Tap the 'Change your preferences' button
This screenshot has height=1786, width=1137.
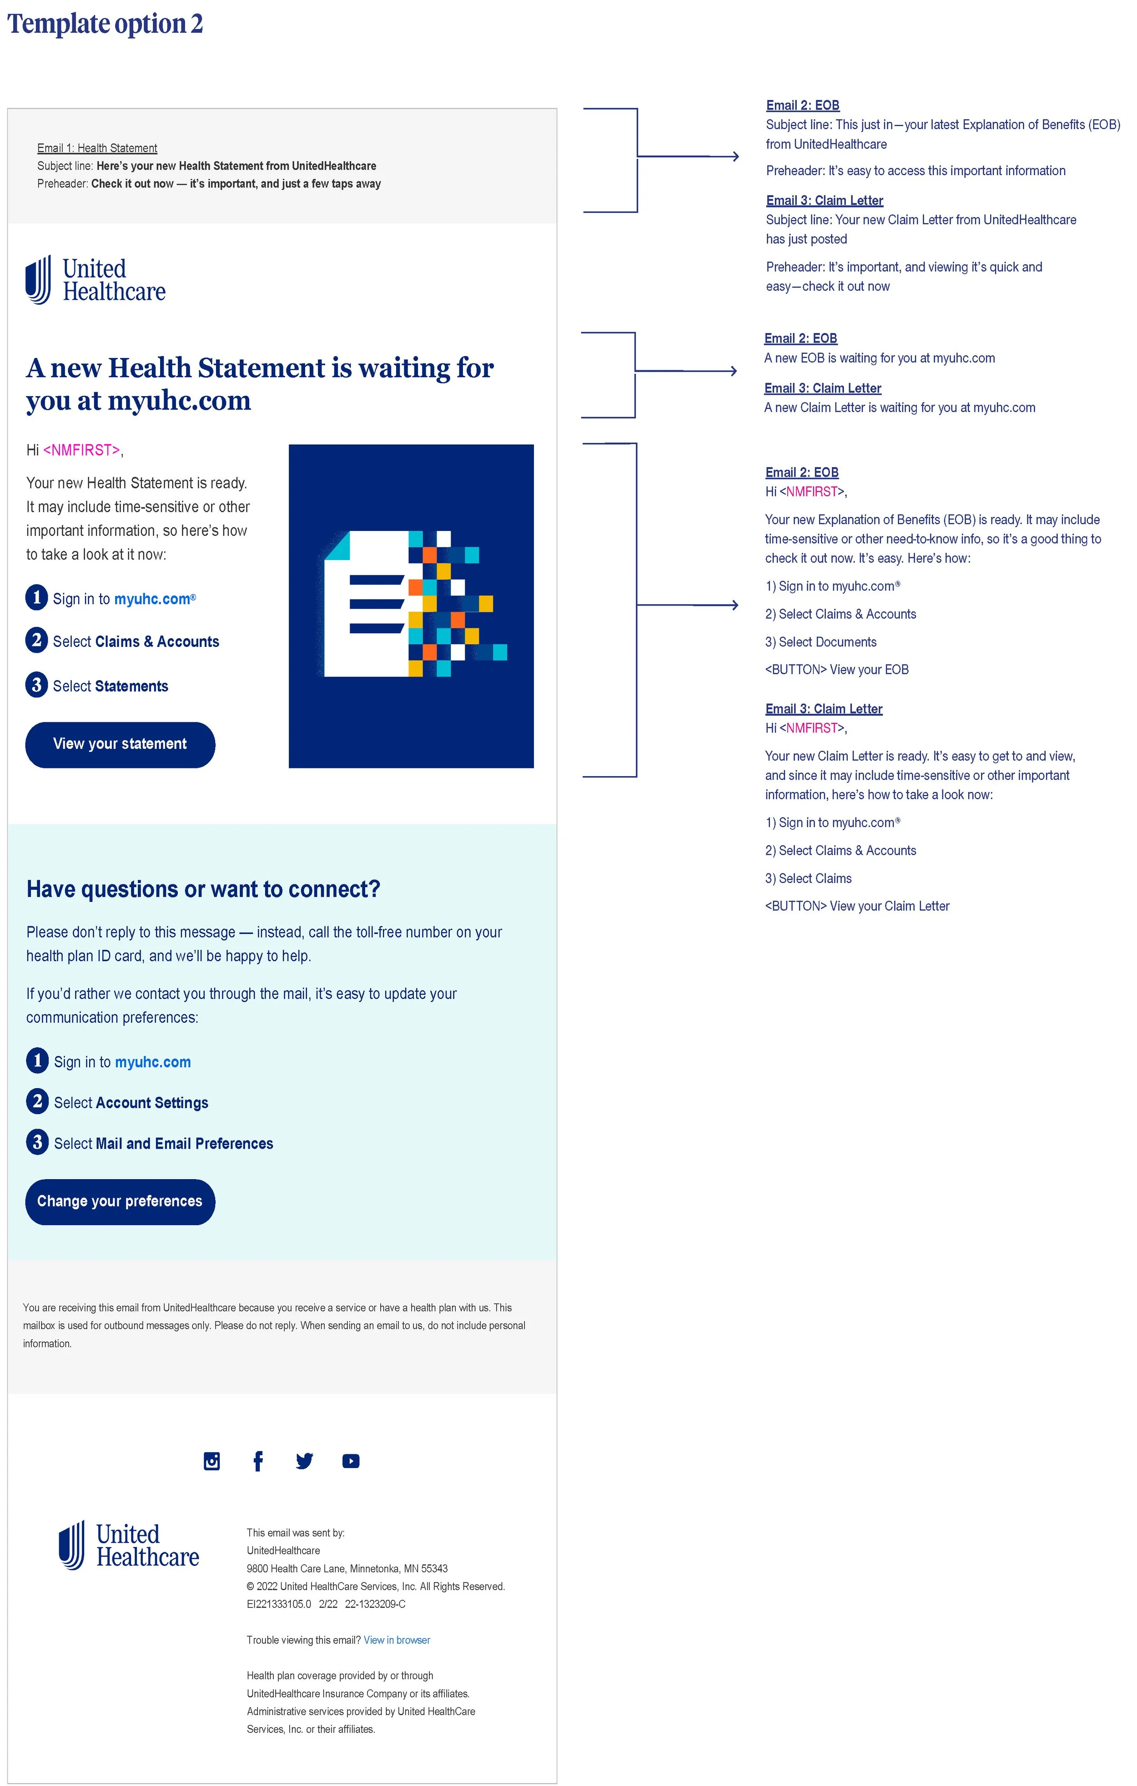120,1201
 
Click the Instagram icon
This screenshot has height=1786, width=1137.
211,1461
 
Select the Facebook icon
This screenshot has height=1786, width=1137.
258,1461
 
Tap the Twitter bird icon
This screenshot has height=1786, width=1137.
304,1461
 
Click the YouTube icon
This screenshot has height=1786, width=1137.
351,1461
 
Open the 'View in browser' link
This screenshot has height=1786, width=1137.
397,1640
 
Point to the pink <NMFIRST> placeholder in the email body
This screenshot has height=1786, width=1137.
81,450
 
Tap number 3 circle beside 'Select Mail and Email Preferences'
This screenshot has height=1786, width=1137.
37,1142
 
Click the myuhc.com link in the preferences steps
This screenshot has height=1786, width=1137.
153,1062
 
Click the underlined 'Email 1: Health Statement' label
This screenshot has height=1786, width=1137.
97,148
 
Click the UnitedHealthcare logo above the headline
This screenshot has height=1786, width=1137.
96,280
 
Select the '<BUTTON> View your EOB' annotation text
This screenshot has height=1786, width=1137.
837,670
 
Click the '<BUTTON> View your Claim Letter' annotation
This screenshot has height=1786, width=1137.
857,906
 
